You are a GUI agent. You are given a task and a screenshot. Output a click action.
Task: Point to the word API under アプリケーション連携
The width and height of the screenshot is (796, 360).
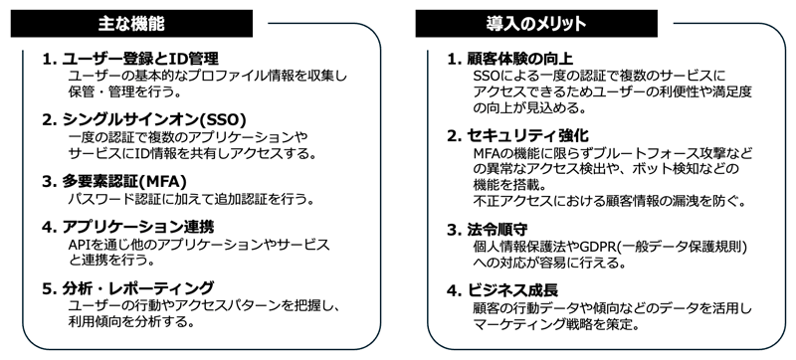click(x=80, y=245)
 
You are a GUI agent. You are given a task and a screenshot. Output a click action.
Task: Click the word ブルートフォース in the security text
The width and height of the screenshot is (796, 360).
click(x=630, y=152)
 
